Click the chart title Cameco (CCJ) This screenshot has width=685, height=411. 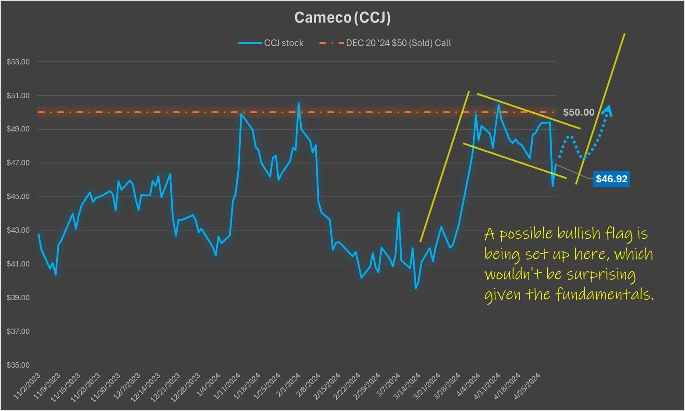(x=342, y=18)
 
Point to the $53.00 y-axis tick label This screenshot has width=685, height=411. (x=18, y=62)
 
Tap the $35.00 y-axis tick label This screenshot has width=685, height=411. (x=18, y=365)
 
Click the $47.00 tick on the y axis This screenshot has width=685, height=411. (x=18, y=163)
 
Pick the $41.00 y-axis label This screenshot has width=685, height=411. (x=18, y=264)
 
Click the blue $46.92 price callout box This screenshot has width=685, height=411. (x=611, y=179)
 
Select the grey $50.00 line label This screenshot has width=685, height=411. (x=578, y=112)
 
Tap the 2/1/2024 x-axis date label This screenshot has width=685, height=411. (x=289, y=386)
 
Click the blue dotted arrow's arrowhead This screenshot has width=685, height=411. (x=608, y=110)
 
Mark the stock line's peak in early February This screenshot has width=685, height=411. (x=299, y=103)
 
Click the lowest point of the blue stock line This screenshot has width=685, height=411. (x=416, y=288)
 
